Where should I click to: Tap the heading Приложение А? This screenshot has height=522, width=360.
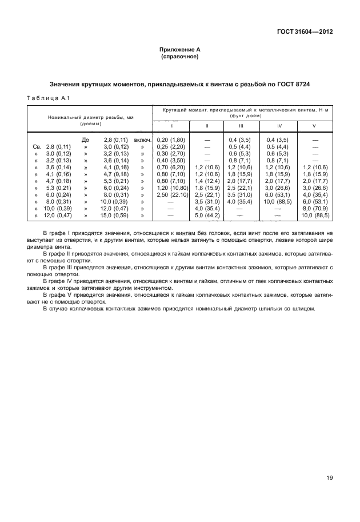click(x=179, y=51)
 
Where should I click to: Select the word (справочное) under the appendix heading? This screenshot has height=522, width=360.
click(x=179, y=58)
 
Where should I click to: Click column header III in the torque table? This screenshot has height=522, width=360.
click(x=241, y=125)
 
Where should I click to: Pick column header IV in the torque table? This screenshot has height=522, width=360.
click(x=278, y=125)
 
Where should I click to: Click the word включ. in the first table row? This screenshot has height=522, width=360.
click(x=142, y=140)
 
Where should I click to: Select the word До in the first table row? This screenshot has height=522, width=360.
click(x=86, y=140)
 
